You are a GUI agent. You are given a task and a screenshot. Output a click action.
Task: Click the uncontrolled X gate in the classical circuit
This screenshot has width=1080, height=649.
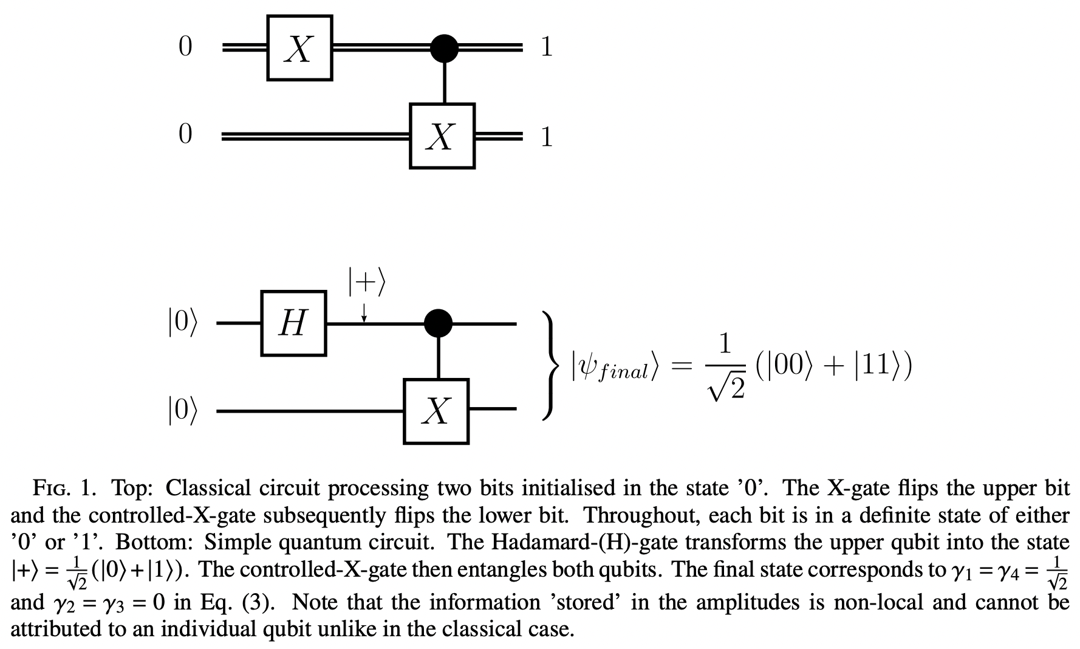[299, 48]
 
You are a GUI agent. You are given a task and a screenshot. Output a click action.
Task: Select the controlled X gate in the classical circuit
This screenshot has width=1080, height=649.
[442, 136]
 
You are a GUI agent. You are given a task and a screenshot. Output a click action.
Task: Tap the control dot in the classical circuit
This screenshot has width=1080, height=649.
[445, 48]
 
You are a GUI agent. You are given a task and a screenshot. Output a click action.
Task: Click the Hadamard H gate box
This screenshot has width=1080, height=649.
[293, 323]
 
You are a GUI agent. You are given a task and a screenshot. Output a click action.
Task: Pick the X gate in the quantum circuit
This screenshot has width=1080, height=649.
[436, 411]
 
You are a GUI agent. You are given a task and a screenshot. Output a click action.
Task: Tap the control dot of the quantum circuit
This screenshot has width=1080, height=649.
[438, 323]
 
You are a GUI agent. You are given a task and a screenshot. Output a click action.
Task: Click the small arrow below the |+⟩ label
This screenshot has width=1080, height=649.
[364, 312]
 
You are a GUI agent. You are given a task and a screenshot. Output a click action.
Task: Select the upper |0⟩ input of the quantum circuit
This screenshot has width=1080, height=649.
[182, 323]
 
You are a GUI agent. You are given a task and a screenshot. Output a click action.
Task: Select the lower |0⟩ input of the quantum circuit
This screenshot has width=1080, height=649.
[182, 411]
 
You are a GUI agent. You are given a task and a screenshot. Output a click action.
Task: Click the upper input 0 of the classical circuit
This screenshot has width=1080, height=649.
[185, 47]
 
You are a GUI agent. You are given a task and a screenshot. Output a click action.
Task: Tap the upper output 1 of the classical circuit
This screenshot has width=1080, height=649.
[546, 47]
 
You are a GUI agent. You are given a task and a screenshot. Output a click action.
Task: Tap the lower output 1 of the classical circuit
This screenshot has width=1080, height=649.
[546, 136]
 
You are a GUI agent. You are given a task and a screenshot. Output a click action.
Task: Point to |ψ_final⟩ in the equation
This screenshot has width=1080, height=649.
[614, 368]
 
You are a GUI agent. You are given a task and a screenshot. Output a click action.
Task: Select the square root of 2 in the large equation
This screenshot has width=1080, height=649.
[726, 386]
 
